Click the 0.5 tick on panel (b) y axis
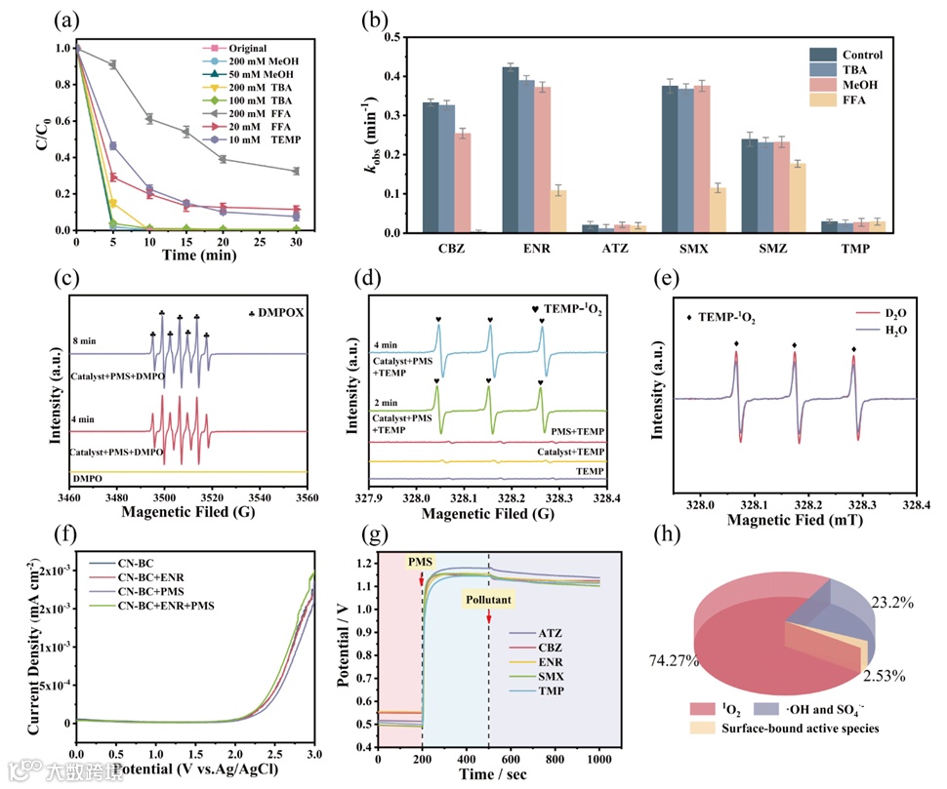tap(391, 37)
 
